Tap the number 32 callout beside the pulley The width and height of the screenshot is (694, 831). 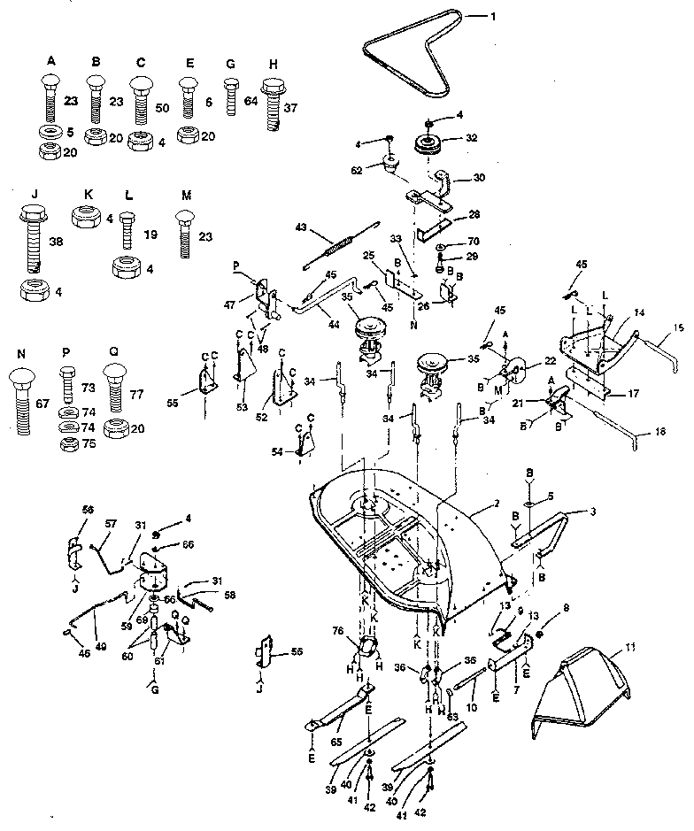[x=473, y=137]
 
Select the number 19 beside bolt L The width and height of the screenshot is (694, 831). [x=150, y=235]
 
